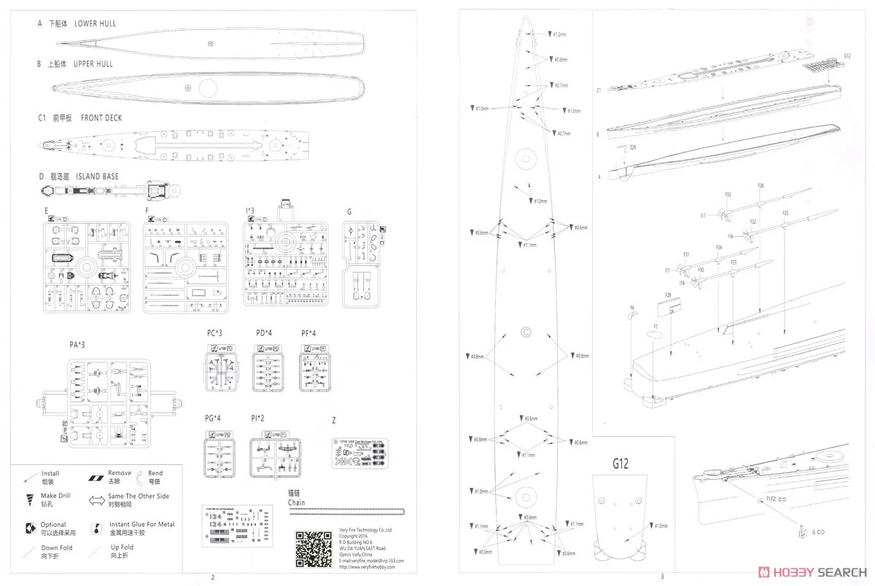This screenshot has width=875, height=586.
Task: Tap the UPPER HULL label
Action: coord(93,64)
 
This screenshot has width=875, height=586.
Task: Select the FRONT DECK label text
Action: coord(101,118)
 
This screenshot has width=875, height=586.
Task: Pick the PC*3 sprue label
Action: coord(214,333)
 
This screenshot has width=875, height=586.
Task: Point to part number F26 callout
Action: coord(761,186)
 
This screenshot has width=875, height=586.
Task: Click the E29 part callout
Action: coord(633,148)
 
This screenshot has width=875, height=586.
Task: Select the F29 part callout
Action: coord(668,295)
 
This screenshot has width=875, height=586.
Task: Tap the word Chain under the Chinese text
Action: coord(296,503)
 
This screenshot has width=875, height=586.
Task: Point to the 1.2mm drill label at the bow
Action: coord(559,34)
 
